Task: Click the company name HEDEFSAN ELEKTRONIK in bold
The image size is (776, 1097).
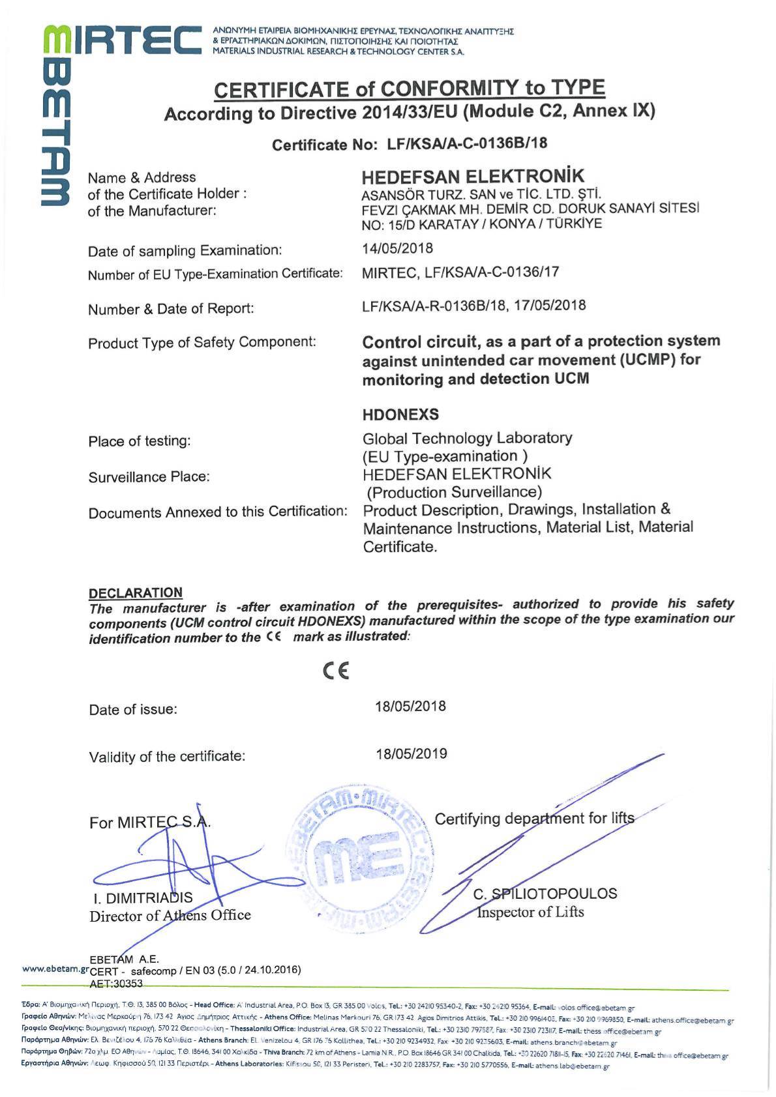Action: point(473,177)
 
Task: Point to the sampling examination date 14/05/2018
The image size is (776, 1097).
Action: point(397,248)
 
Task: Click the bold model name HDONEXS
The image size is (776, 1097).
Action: point(400,415)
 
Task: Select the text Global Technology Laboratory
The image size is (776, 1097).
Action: point(467,437)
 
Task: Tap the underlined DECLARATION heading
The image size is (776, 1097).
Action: point(136,592)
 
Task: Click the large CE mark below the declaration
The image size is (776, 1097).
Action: point(336,671)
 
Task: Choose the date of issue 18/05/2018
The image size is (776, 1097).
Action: point(410,707)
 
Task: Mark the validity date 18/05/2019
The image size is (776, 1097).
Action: point(411,754)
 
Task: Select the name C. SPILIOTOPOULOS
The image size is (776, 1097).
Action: point(545,894)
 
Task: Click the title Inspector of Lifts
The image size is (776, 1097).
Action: point(530,912)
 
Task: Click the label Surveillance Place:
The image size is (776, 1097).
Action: point(149,477)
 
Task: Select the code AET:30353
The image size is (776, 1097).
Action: point(115,983)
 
